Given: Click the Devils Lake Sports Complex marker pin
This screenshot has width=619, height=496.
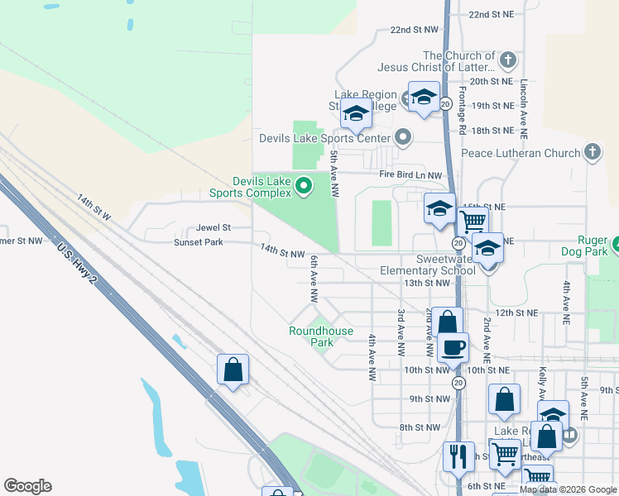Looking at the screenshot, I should point(303,186).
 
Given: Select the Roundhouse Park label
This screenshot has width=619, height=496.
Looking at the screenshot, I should point(321,336).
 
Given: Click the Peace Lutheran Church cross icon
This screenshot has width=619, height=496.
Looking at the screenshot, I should point(592,152).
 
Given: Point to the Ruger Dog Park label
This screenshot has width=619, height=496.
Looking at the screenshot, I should point(584,246).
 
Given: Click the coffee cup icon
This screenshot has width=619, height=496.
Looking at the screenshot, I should point(453,347).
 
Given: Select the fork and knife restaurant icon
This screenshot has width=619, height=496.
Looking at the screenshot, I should point(458,455).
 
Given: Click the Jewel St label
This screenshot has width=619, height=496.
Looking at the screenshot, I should point(213,227).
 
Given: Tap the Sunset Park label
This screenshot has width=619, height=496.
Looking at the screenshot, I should point(198,242).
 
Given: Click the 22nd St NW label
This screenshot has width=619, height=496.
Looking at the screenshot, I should point(414,30).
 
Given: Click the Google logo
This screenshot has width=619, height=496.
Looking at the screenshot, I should point(27,486).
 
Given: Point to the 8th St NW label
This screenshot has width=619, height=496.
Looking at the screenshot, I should point(419,427).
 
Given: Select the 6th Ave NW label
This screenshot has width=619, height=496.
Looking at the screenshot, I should point(314,281).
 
